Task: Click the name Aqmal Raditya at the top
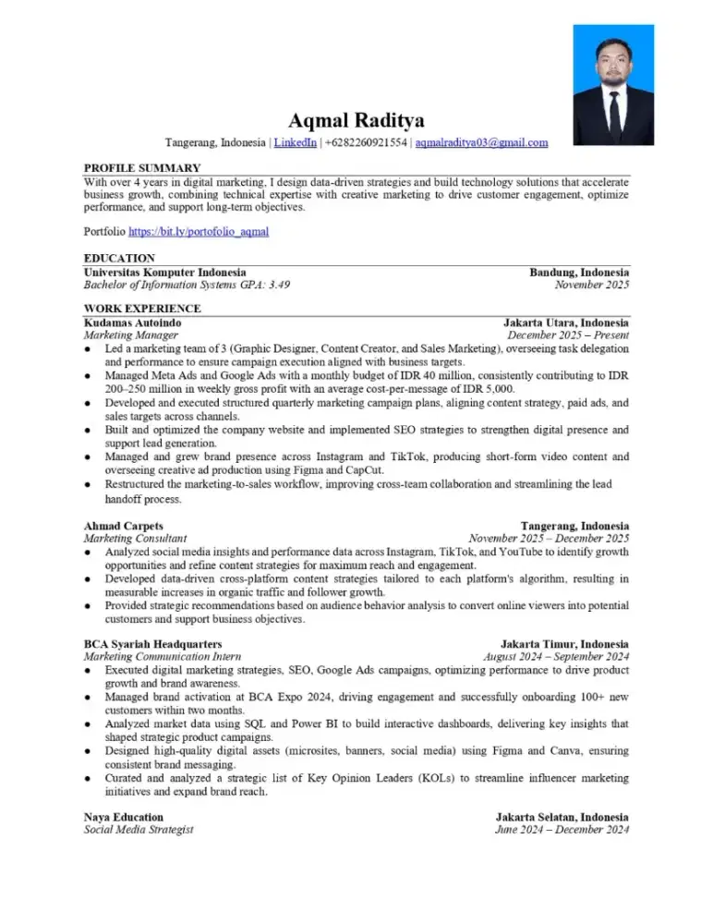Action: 356,120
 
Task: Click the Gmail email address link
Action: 481,143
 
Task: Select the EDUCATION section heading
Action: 119,259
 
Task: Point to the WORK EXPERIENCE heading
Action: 142,309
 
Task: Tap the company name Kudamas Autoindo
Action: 132,322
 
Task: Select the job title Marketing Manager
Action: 130,336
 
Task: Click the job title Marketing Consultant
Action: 135,538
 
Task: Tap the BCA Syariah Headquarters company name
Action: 152,643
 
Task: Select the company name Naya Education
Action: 124,818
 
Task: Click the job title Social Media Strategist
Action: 139,831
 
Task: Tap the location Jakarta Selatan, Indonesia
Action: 562,818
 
